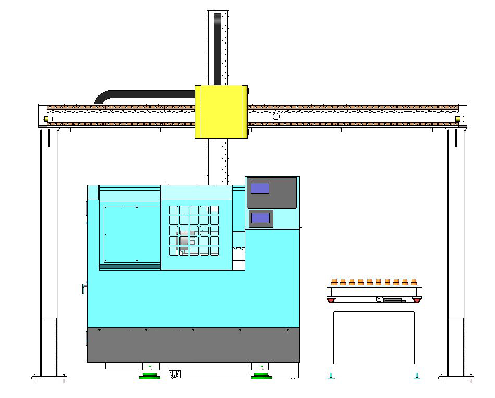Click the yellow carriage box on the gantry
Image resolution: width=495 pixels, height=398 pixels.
pos(220,111)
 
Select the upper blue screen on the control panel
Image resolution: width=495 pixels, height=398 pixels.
pos(260,188)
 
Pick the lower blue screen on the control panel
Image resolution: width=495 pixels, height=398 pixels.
pos(260,218)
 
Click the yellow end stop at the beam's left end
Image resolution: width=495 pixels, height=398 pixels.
pos(46,119)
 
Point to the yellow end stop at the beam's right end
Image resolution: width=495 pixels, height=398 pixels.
pos(459,119)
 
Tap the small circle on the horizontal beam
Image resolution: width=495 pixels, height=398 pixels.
pos(276,116)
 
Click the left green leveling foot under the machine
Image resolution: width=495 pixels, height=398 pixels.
pos(150,376)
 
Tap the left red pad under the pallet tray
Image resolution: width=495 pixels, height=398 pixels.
pos(331,299)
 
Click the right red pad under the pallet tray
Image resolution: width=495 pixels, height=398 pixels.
pos(416,299)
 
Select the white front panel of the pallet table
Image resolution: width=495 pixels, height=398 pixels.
pos(374,337)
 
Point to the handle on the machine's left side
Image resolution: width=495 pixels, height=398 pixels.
pos(83,288)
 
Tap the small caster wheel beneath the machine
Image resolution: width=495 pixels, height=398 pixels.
pos(174,374)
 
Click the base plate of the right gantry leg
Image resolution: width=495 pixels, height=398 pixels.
pos(456,377)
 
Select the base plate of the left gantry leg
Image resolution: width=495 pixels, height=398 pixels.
pos(49,377)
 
